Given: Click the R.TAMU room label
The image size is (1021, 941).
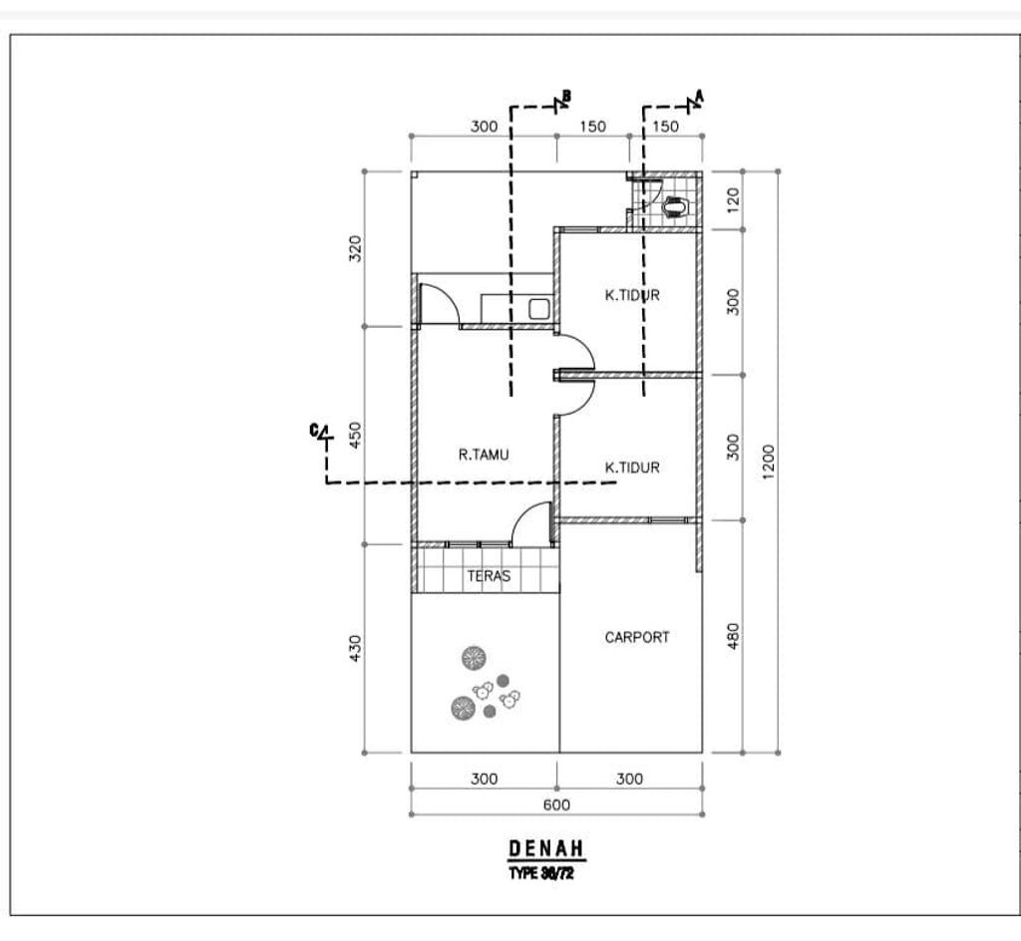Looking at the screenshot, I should (484, 455).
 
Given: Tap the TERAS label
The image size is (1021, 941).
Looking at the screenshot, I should (489, 576).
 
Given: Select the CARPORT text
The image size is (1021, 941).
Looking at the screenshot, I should (637, 637).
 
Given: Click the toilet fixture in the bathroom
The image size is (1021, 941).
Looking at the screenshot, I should (675, 206).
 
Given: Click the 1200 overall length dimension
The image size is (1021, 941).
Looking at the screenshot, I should (767, 461).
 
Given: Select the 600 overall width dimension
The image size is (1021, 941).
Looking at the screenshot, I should (556, 805).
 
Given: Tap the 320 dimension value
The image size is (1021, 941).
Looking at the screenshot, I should (355, 247).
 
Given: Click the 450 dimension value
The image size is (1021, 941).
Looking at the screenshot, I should (355, 436).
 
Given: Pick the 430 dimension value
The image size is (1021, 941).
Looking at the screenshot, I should (355, 647).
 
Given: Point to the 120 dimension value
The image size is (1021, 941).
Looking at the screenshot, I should (733, 200).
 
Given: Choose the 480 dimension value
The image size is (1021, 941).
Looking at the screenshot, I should (733, 636).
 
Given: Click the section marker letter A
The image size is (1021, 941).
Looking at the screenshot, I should (699, 95).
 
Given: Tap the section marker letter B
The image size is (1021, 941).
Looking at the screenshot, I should (566, 96).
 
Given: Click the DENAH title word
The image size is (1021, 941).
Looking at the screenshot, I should (547, 848).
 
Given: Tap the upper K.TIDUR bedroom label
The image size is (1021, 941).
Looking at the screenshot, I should (632, 295).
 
